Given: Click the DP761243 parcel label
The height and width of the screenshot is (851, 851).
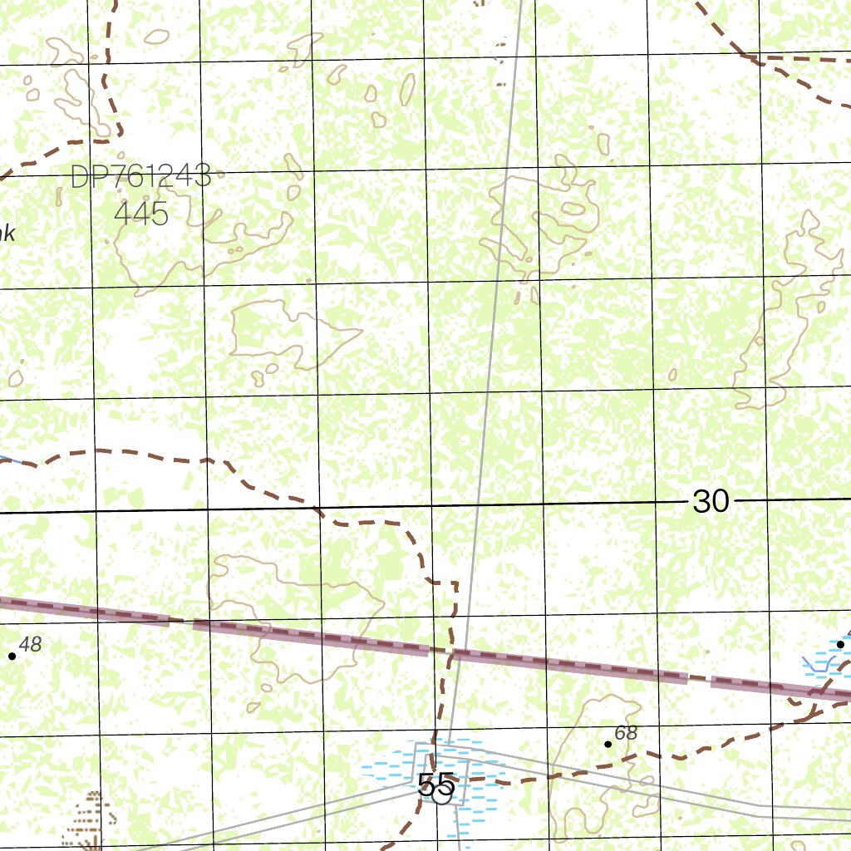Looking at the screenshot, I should coord(140,176).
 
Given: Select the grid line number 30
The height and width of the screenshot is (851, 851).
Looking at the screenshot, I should coord(711,501).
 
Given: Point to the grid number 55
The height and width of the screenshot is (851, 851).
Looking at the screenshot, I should coord(435,784).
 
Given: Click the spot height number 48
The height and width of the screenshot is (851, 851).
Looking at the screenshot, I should coord(30,644).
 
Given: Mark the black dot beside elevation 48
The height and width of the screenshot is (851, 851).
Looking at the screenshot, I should coord(12,656).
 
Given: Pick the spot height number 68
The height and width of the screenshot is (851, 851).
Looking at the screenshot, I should coord(626,733).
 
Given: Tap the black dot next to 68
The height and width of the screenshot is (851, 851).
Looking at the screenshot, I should coord(608,744).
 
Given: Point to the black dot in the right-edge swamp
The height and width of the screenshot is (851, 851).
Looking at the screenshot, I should coord(840,644).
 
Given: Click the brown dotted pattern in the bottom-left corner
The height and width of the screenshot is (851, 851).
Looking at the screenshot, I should coord(90,819).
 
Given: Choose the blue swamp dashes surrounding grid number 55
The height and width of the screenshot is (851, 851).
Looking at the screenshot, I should coord(391,769).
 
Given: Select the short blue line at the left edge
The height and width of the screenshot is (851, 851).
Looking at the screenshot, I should coord(8,456).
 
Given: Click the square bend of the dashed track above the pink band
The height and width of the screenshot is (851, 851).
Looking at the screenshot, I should coord(455,583).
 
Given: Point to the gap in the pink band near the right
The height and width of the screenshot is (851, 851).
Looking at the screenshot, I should coord(700,679).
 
